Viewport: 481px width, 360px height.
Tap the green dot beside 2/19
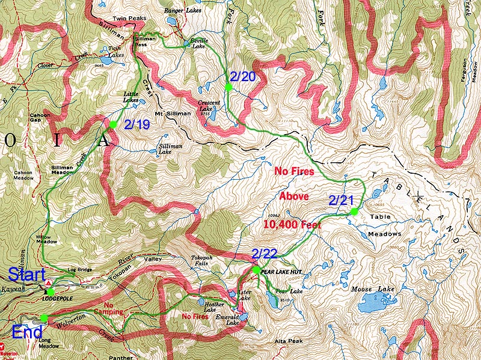coord(112,124)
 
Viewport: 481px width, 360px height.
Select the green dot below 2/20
coord(228,88)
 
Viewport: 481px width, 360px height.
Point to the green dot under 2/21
coord(354,212)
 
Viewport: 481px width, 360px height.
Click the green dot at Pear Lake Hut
coord(256,270)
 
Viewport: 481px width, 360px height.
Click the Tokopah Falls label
coord(202,261)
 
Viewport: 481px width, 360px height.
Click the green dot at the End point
coord(44,317)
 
